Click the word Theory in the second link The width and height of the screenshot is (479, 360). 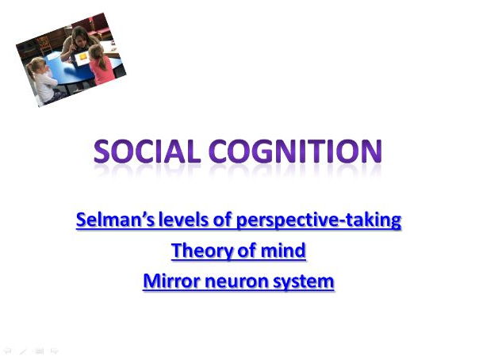(203, 251)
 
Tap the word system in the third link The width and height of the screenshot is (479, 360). (305, 281)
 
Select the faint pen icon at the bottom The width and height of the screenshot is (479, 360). (24, 349)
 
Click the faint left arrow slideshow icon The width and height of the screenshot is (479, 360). (9, 349)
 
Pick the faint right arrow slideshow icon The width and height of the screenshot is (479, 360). (54, 349)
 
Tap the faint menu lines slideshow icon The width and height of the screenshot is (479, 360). (39, 349)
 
